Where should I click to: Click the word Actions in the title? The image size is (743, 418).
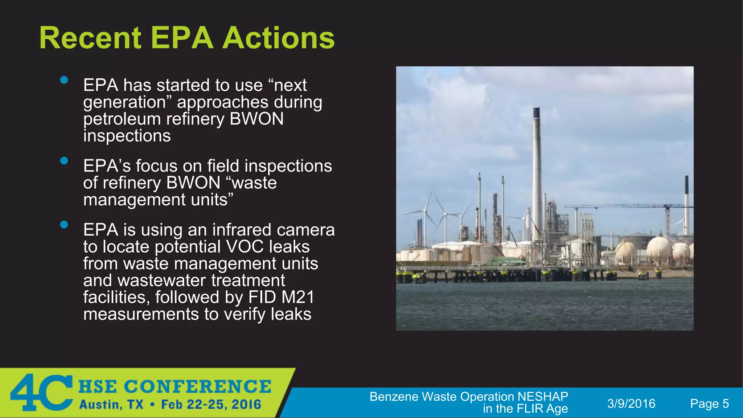[278, 38]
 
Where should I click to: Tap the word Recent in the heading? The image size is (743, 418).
[90, 38]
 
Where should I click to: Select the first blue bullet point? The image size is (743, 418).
[64, 80]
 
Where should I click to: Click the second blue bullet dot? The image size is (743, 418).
[64, 161]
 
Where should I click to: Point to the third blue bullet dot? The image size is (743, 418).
[64, 225]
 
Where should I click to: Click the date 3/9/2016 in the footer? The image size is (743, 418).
[631, 403]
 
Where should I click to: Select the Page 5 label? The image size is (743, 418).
[709, 403]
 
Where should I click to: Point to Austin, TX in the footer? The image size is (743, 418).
[111, 405]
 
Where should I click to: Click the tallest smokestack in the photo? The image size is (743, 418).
[537, 174]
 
